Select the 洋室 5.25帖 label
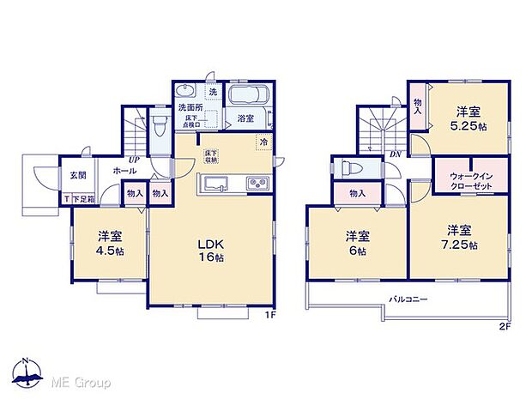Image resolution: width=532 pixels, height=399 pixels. [467, 118]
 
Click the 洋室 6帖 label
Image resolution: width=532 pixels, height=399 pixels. [357, 243]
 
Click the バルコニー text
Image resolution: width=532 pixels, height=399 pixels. [410, 299]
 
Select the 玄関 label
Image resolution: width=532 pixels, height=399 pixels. [77, 176]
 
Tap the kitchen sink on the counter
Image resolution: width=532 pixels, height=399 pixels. [216, 183]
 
